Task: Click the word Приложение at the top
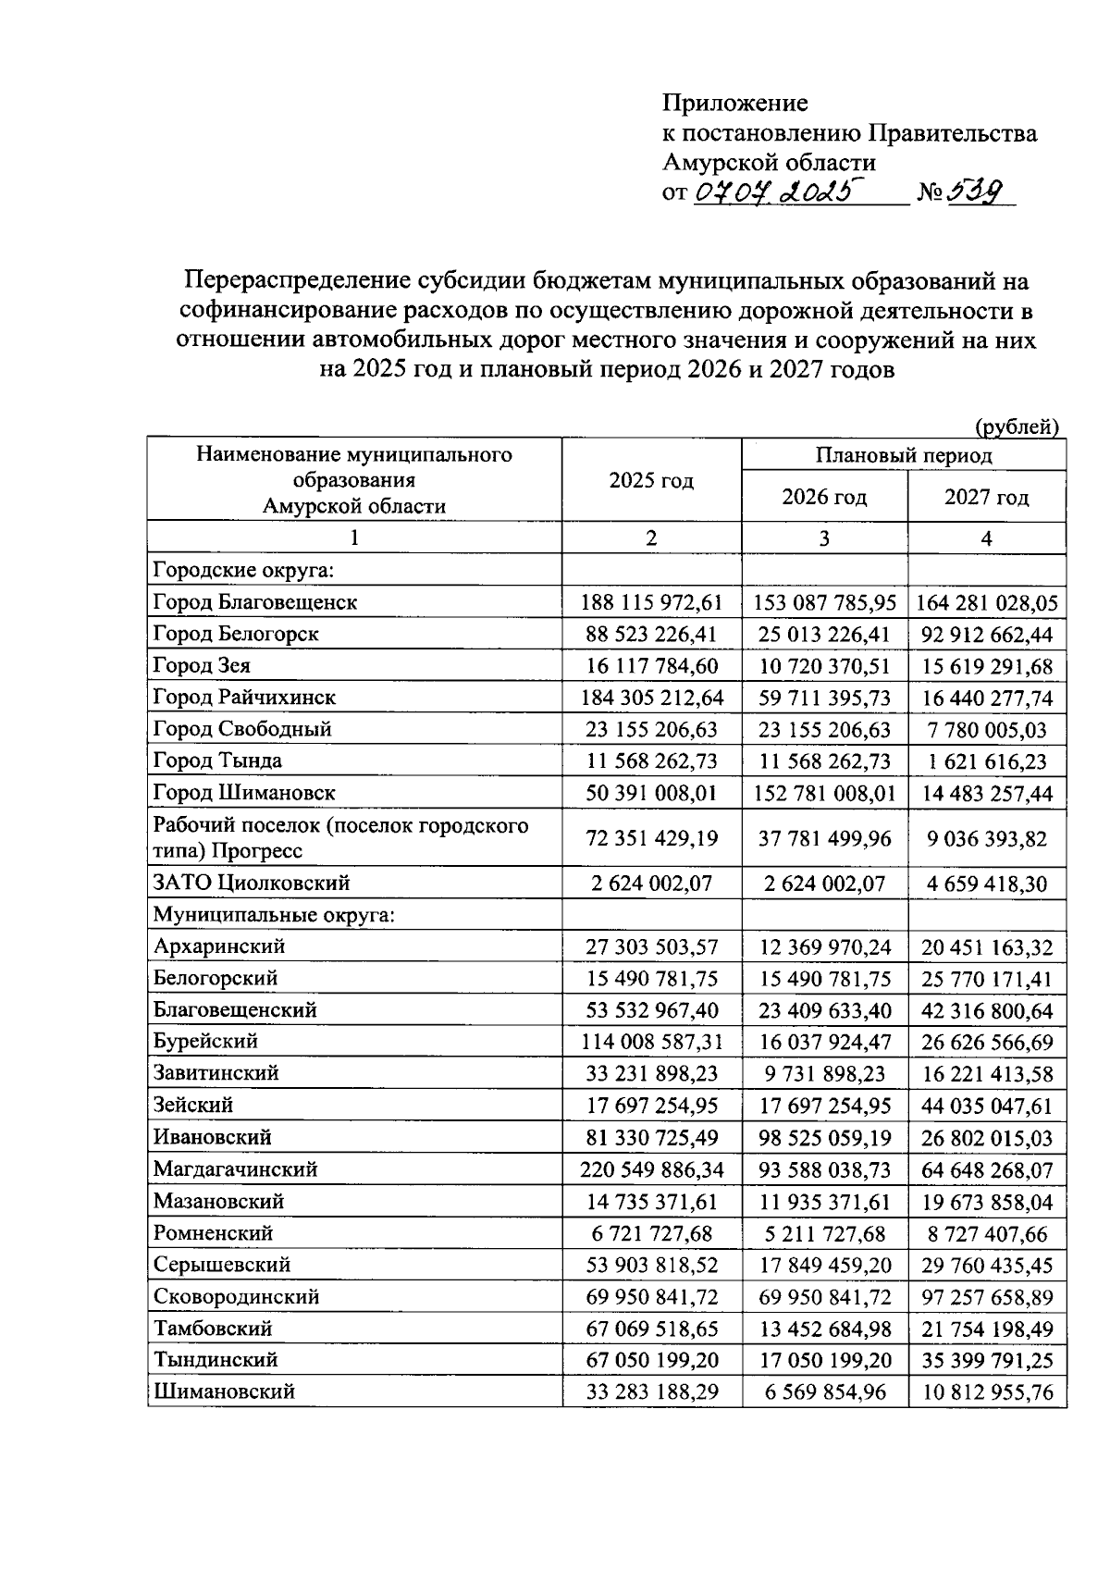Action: (x=734, y=103)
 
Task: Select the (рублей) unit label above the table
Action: (x=1017, y=426)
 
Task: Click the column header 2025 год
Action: (x=651, y=480)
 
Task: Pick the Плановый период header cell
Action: (x=904, y=455)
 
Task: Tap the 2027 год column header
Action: (x=986, y=497)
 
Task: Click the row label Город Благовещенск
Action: (x=255, y=602)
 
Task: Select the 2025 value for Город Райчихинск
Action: (x=651, y=698)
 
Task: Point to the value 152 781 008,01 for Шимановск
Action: (x=824, y=793)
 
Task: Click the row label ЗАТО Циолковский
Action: (x=252, y=884)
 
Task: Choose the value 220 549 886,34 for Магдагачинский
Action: (x=651, y=1169)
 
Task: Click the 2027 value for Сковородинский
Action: (x=986, y=1297)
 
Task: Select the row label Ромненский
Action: (x=214, y=1233)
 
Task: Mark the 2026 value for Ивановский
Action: (x=824, y=1138)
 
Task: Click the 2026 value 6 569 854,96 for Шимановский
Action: (x=824, y=1391)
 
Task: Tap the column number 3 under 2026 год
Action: (x=824, y=538)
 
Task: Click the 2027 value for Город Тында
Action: (x=986, y=761)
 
